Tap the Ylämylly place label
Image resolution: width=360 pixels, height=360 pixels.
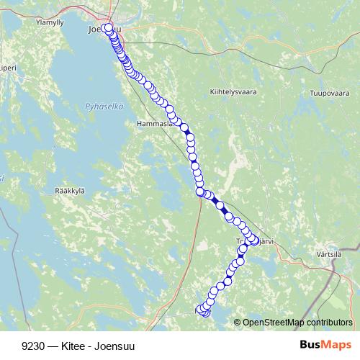tap(50, 22)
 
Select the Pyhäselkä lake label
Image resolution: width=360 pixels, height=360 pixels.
tap(104, 106)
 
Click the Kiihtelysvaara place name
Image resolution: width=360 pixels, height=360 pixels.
tap(233, 92)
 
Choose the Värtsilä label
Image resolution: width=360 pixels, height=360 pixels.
tap(328, 253)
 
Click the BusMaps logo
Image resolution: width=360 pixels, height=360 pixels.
tap(325, 345)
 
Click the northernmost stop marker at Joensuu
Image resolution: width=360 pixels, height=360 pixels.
tap(107, 28)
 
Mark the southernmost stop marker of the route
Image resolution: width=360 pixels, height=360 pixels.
tap(204, 312)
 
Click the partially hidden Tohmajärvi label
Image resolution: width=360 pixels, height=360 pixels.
tap(252, 242)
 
